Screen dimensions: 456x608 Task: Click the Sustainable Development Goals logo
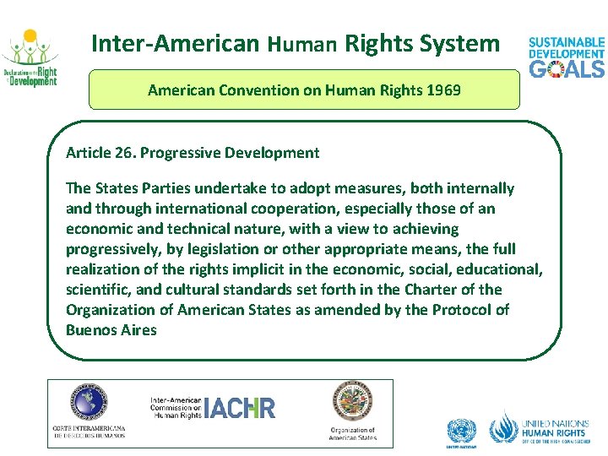point(566,57)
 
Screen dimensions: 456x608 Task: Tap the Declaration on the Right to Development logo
point(30,59)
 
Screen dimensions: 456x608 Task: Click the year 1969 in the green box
point(443,90)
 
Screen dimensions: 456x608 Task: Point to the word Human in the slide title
point(304,44)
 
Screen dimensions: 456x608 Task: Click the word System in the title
point(462,43)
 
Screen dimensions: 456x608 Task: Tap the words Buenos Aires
point(111,330)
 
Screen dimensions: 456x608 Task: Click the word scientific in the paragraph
point(97,290)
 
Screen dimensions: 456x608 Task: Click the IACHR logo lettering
point(240,408)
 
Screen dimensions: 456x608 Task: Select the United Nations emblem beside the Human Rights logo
point(462,430)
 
